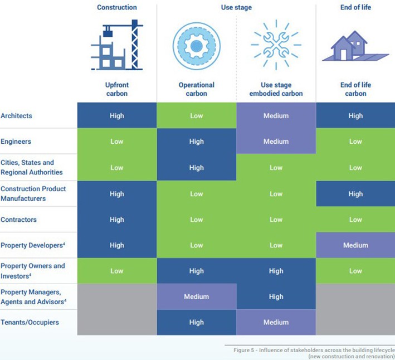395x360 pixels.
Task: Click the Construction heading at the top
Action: click(116, 7)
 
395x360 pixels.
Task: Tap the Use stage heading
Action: click(236, 7)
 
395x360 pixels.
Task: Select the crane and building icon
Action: click(116, 45)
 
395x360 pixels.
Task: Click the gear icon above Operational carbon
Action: click(196, 45)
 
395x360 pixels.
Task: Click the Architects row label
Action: click(17, 116)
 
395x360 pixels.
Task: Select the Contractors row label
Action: click(19, 220)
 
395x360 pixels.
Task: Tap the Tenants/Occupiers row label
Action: click(30, 322)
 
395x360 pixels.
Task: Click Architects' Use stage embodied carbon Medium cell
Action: click(276, 116)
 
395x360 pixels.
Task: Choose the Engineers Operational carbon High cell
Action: click(196, 142)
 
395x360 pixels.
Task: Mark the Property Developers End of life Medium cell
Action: click(355, 245)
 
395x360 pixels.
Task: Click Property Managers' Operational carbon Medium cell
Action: click(196, 296)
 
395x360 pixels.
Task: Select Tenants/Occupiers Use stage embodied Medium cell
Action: click(276, 322)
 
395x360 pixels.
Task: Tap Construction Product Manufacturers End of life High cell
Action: click(355, 194)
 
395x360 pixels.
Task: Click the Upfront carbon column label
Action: click(116, 89)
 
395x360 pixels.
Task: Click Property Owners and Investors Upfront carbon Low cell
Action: click(116, 271)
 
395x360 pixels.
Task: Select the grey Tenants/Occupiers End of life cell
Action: click(355, 322)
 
